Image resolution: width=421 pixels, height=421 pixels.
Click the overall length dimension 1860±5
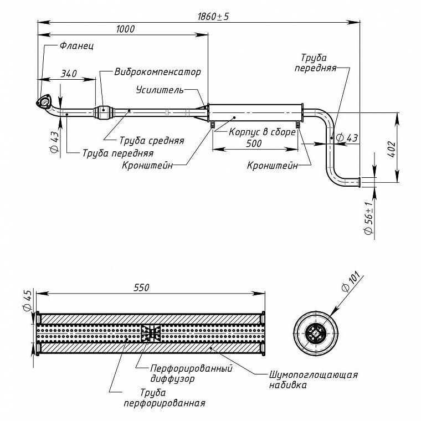tap(213, 17)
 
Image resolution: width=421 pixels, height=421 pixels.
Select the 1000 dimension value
tap(125, 29)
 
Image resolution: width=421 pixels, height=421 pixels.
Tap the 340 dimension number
tap(69, 74)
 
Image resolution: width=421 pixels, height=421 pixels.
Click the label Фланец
tap(76, 46)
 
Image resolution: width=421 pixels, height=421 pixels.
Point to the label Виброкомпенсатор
tap(158, 72)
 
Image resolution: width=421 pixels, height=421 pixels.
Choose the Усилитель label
tap(160, 90)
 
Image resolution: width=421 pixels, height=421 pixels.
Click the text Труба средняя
tap(152, 140)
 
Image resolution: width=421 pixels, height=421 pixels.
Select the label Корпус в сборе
tap(262, 132)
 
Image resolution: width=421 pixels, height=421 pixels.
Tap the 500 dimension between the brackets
tap(254, 143)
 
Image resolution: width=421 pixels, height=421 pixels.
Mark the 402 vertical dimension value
tap(392, 149)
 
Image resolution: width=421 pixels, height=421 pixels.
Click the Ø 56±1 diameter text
tap(369, 218)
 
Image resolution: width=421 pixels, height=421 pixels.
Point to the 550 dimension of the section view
tap(141, 288)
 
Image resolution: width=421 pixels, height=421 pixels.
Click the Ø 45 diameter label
tap(28, 300)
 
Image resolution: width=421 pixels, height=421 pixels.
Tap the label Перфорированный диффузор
tap(191, 373)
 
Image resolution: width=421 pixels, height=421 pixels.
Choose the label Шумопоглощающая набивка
tap(314, 380)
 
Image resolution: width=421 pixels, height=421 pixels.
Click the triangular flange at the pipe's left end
tap(44, 102)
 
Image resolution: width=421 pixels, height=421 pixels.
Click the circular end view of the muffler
tap(316, 333)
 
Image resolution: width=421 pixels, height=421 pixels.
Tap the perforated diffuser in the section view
tap(151, 333)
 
